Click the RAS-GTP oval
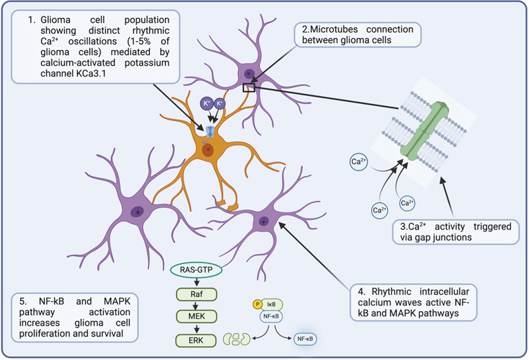tap(196, 270)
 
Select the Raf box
tap(196, 292)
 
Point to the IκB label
tap(272, 304)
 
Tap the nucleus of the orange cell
tap(209, 150)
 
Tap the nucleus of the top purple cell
tap(249, 75)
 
